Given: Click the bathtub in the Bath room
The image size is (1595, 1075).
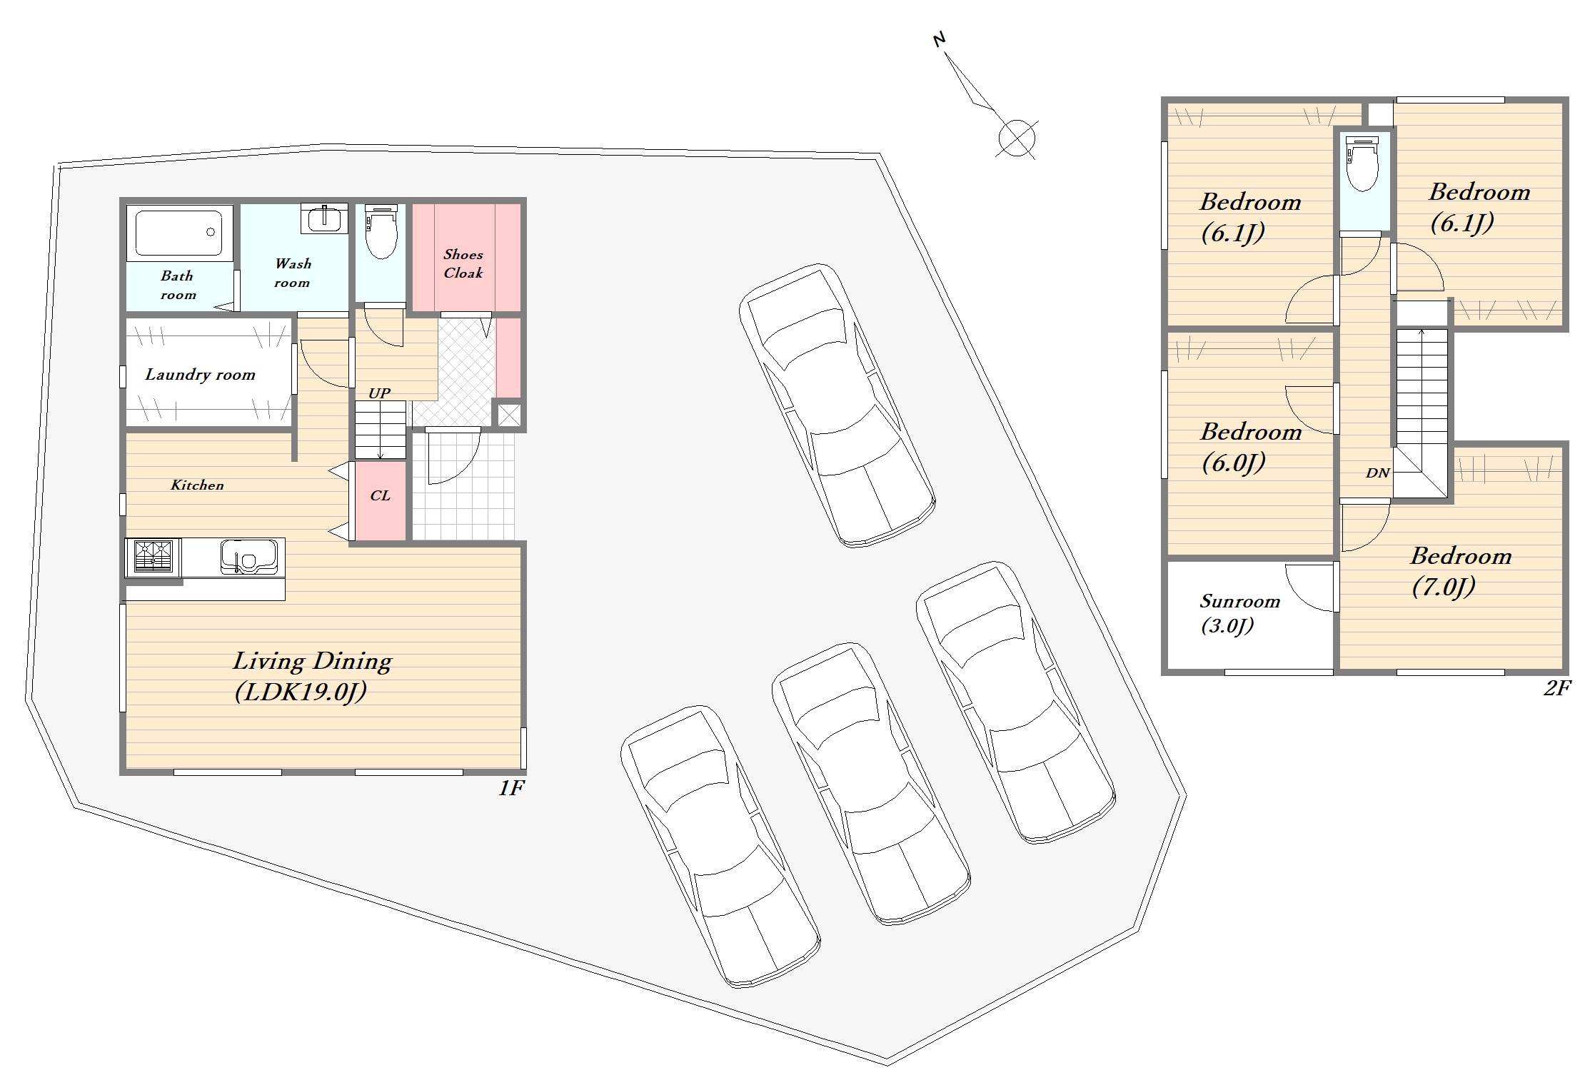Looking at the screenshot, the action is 180,232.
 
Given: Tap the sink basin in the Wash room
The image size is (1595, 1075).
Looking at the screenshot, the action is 324,218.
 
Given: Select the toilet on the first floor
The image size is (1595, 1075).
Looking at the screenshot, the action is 381,231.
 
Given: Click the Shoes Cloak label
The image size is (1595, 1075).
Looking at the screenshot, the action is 463,263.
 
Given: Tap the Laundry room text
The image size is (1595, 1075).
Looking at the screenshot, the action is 200,375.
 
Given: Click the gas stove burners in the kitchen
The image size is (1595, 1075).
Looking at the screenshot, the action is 154,557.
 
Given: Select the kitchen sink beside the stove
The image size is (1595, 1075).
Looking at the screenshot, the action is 248,557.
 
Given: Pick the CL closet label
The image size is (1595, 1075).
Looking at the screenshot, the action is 381,495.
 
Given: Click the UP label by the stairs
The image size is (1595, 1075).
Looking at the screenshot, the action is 379,393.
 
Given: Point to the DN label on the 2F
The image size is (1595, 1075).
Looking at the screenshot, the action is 1377,473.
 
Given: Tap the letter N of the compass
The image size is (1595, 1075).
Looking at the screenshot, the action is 940,40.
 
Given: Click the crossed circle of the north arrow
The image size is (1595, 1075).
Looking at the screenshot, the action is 1017,138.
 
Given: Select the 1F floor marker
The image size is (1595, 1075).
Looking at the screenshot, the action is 511,788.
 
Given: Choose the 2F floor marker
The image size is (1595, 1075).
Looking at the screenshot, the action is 1558,688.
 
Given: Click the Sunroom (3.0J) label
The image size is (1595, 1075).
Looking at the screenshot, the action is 1239,613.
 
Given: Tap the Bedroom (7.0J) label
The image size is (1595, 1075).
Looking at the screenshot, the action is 1460,571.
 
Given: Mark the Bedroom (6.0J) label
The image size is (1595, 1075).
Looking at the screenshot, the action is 1251,447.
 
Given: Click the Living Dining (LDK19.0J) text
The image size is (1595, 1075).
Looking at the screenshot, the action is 312,676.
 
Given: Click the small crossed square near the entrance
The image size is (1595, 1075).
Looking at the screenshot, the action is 509,415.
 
